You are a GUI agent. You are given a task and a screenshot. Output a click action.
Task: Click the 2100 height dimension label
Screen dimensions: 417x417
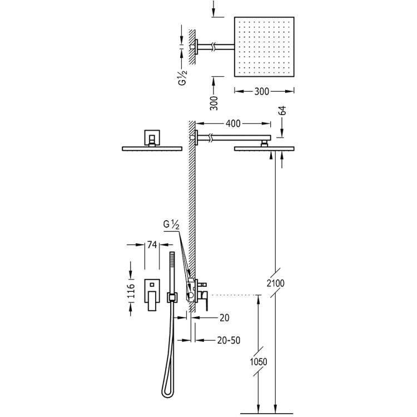click(x=276, y=283)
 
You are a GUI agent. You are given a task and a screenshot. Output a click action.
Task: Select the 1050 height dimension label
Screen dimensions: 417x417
click(x=259, y=361)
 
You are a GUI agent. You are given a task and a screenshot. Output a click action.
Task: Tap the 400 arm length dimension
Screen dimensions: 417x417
click(x=233, y=123)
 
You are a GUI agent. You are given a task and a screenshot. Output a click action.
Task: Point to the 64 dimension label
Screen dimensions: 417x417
click(x=282, y=111)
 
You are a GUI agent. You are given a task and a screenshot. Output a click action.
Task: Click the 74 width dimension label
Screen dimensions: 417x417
click(x=152, y=245)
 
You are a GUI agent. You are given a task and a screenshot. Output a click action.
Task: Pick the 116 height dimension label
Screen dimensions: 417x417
click(x=131, y=291)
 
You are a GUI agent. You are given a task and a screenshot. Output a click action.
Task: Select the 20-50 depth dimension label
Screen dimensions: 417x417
click(x=229, y=340)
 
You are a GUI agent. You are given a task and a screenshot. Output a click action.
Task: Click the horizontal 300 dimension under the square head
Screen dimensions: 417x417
click(x=262, y=91)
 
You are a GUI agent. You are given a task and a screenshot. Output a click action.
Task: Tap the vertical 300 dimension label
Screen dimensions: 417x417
click(x=214, y=103)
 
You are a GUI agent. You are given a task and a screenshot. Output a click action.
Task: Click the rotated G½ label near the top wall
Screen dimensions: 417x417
click(x=182, y=77)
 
